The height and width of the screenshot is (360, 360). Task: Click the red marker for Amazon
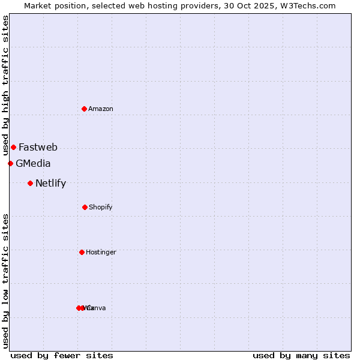(x=85, y=109)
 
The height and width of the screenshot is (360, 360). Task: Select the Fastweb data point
(x=13, y=147)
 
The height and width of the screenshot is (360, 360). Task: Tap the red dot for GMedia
(x=10, y=163)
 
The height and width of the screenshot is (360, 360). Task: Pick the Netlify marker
(x=30, y=183)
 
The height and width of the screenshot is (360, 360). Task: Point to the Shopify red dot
(x=85, y=207)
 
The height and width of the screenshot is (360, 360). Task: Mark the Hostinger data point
(x=82, y=252)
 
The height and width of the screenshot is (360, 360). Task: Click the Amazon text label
(x=101, y=109)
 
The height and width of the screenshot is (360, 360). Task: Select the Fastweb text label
(x=38, y=147)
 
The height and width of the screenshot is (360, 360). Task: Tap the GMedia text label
(x=33, y=163)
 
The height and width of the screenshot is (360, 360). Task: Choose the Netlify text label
(x=50, y=183)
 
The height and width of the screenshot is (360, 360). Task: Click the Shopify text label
(x=101, y=207)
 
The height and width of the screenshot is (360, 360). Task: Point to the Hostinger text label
(x=101, y=252)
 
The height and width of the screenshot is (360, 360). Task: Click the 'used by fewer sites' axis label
(x=62, y=355)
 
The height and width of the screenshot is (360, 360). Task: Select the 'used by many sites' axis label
(x=301, y=355)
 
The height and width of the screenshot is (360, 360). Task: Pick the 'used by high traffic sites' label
(x=5, y=85)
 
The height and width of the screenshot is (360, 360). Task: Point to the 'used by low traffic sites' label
(x=5, y=281)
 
